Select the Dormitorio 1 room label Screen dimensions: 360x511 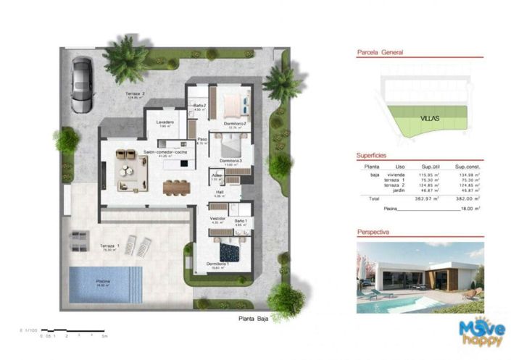pyautogui.click(x=217, y=264)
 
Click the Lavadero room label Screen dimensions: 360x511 pyautogui.click(x=165, y=122)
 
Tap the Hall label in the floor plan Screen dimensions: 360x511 pyautogui.click(x=220, y=192)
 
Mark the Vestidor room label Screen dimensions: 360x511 pyautogui.click(x=218, y=218)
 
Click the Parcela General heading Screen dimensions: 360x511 pyautogui.click(x=381, y=53)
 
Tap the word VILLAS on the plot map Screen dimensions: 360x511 pyautogui.click(x=431, y=117)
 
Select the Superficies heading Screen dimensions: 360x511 pyautogui.click(x=372, y=156)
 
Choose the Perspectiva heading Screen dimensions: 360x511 pyautogui.click(x=374, y=233)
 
